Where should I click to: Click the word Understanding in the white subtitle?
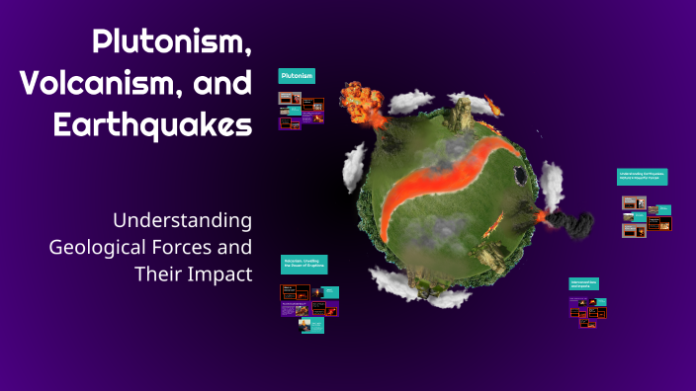coord(182,219)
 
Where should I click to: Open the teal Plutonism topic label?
coord(297,76)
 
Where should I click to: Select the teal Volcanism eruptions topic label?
coord(304,264)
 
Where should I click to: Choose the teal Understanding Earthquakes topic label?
coord(643,176)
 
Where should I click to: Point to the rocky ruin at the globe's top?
coord(460,115)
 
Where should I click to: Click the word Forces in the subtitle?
coord(211,246)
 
